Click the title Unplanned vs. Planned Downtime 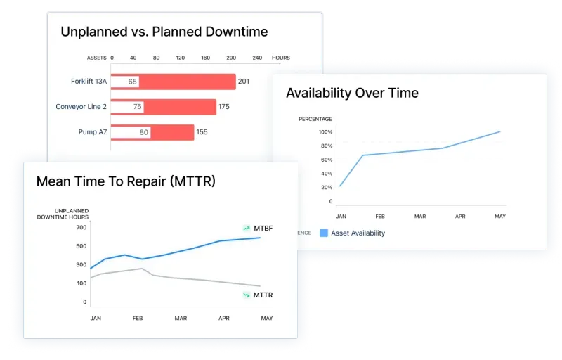point(164,32)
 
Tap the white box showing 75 point(137,107)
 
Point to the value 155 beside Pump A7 point(202,132)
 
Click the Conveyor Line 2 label point(81,107)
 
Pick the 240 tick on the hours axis point(256,58)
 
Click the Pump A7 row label point(93,132)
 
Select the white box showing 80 point(143,132)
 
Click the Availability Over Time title point(352,93)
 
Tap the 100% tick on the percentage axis point(325,132)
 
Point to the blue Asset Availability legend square point(323,233)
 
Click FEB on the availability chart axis point(379,217)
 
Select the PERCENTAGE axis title point(315,119)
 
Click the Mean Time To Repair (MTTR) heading point(126,181)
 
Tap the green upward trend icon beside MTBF point(247,229)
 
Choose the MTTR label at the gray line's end point(263,294)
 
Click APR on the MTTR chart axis point(223,319)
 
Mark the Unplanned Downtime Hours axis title point(63,214)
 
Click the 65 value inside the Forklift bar point(132,82)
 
